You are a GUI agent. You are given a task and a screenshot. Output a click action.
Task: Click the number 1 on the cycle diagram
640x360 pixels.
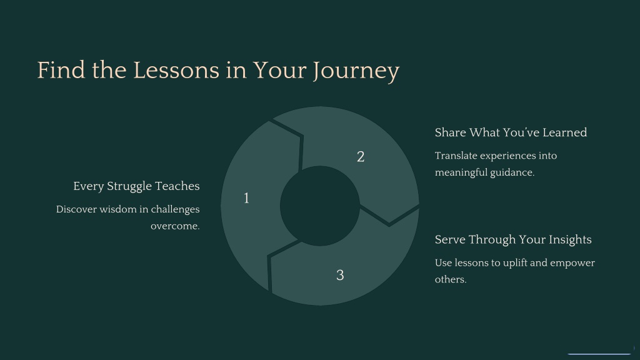point(246,198)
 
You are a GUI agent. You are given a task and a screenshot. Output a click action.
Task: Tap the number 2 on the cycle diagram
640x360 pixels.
point(361,157)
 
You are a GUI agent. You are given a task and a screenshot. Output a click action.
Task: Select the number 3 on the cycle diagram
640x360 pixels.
point(340,275)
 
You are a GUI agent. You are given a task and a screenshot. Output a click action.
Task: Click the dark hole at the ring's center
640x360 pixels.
point(319,206)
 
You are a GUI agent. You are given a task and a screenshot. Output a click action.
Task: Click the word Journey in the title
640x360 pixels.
point(356,71)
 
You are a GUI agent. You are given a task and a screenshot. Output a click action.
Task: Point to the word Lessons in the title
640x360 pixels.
point(176,70)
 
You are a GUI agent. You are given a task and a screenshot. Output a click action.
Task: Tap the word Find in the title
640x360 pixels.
point(61,70)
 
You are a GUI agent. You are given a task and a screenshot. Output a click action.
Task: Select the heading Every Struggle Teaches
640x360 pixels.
point(136,186)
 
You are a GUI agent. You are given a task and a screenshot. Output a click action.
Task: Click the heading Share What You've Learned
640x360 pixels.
point(511,132)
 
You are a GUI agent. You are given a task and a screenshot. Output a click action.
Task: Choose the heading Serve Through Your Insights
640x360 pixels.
point(513,239)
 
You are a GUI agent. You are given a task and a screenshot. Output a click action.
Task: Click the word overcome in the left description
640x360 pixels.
point(174,226)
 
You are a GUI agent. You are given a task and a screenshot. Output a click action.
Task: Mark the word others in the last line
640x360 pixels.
point(449,279)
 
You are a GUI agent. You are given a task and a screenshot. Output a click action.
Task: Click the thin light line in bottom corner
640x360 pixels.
point(599,354)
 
